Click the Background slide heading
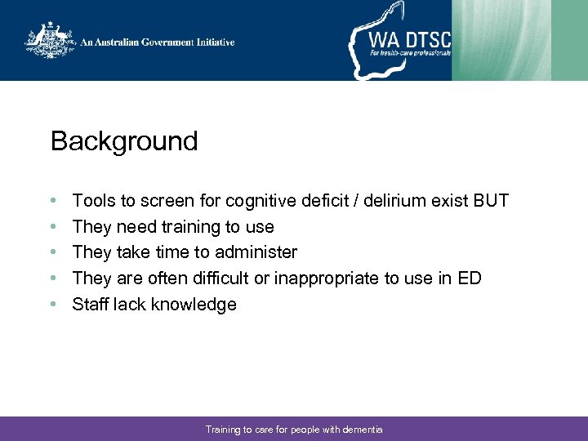124,141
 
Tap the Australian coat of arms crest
49,40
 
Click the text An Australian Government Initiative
158,42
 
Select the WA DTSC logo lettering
408,39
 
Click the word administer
256,252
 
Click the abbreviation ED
470,278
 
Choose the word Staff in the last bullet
91,305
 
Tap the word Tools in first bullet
92,200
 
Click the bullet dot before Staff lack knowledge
53,305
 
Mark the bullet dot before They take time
53,252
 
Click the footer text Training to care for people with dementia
294,429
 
